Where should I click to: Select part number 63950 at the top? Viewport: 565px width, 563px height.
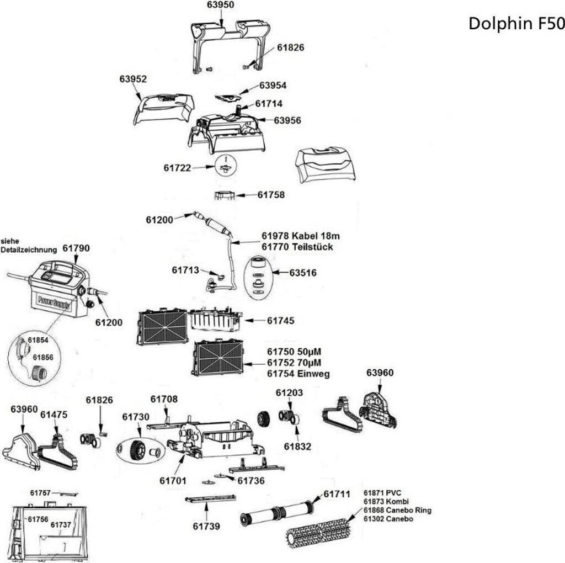(221, 5)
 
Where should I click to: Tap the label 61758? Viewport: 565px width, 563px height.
(271, 195)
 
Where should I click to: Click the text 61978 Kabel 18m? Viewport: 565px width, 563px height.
(301, 236)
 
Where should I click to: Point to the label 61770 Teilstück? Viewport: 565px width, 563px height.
(297, 247)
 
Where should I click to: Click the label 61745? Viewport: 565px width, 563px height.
(281, 321)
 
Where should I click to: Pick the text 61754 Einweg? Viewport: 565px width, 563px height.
(299, 374)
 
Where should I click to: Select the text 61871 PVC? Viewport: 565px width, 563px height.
(382, 492)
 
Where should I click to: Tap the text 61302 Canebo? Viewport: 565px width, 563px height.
(388, 519)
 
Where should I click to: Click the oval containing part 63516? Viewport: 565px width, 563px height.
(258, 277)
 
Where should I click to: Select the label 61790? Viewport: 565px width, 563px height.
(76, 249)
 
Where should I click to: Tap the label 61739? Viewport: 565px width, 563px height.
(206, 526)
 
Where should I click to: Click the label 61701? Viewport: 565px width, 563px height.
(173, 481)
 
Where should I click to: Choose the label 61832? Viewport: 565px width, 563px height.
(297, 447)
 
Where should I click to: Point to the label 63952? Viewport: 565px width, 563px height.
(133, 79)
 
